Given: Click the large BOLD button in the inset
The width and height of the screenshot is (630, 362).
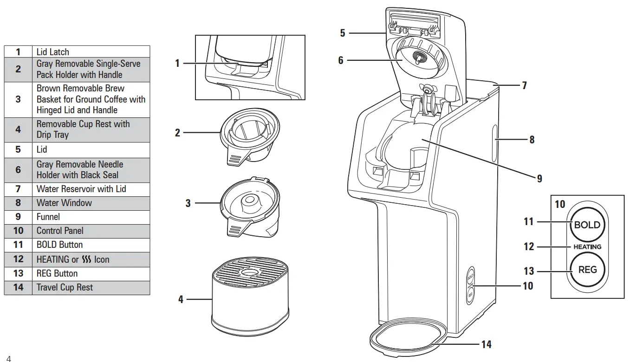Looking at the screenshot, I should [587, 225].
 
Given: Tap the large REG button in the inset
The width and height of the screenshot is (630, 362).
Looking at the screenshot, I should [587, 270].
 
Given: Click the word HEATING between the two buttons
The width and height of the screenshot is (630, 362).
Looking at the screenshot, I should [587, 247].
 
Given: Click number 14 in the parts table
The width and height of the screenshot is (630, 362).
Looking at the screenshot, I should [18, 287].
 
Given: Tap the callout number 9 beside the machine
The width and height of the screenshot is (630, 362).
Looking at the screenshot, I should [539, 178].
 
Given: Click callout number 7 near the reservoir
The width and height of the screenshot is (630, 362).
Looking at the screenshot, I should [524, 85].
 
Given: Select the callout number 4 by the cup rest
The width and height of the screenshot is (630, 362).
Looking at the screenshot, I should [181, 299].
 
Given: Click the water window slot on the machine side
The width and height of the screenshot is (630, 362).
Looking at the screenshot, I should [494, 139].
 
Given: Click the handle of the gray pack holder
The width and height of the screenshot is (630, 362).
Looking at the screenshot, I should [236, 157].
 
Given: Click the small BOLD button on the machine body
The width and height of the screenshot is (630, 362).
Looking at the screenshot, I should [470, 278].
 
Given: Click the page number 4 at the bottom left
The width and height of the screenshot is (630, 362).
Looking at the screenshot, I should [8, 358].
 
